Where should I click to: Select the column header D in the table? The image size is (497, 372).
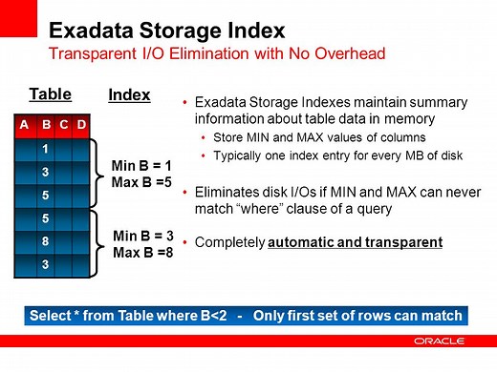pyautogui.click(x=82, y=126)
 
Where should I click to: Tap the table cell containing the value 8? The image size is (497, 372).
pyautogui.click(x=45, y=241)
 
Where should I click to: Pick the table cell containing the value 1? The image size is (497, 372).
pyautogui.click(x=45, y=149)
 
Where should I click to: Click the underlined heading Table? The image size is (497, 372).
pyautogui.click(x=50, y=94)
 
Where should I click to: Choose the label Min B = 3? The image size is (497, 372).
pyautogui.click(x=141, y=236)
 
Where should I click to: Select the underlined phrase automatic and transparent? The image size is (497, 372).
pyautogui.click(x=356, y=242)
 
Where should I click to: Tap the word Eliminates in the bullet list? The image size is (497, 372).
pyautogui.click(x=227, y=191)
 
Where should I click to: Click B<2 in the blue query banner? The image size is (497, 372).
pyautogui.click(x=215, y=316)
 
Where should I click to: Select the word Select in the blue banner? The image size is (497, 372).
pyautogui.click(x=50, y=316)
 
